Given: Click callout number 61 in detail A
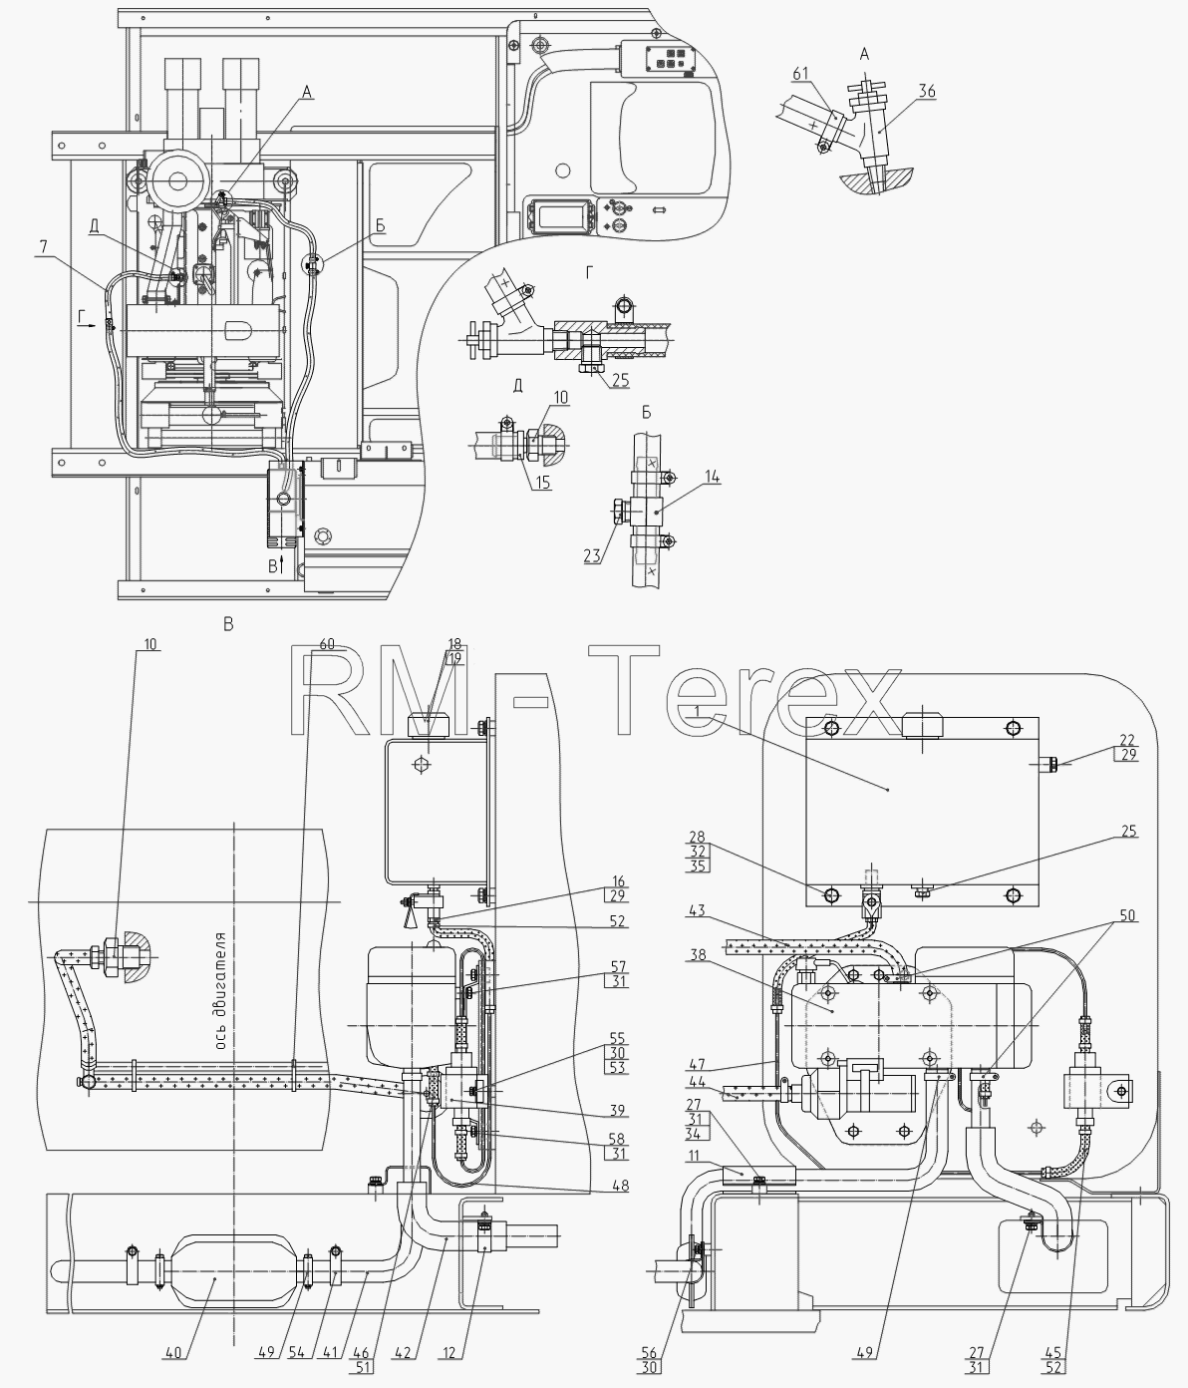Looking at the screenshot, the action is point(800,73).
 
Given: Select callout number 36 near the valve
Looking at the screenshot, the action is point(927,91).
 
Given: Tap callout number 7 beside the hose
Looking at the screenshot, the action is point(44,247).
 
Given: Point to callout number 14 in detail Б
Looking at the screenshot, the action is point(713,477).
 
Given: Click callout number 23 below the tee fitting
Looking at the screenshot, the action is point(591,556).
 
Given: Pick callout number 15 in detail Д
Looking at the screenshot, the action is point(542,483).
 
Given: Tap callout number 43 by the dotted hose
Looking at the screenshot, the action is point(698,910).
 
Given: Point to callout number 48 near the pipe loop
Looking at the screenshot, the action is point(620,1187).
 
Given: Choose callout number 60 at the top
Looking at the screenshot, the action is point(327,644).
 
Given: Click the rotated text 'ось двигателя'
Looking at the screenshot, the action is point(221,990).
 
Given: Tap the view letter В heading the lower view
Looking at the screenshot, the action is point(228,624).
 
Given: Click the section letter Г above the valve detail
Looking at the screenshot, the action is point(589,272).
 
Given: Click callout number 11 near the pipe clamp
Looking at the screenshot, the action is point(694,1156).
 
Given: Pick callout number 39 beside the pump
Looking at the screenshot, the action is point(618,1110).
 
